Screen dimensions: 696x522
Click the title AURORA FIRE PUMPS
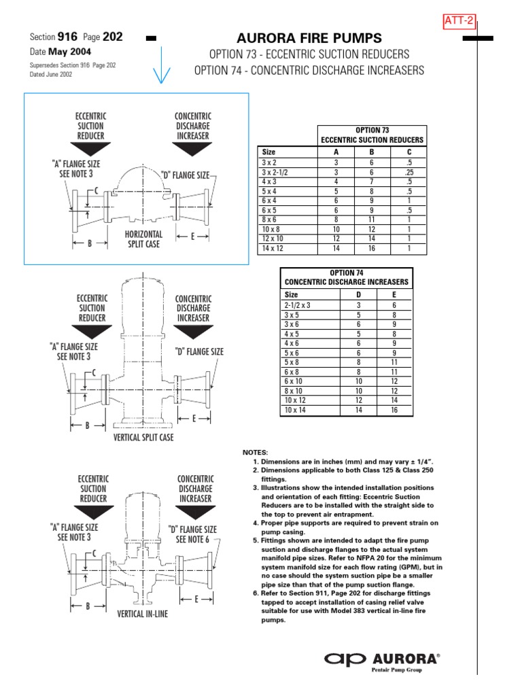pyautogui.click(x=309, y=38)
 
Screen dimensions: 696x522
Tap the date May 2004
pyautogui.click(x=71, y=52)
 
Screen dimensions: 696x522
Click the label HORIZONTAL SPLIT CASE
pyautogui.click(x=143, y=239)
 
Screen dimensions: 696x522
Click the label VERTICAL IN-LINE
pyautogui.click(x=143, y=614)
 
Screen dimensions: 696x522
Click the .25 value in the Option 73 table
pyautogui.click(x=408, y=173)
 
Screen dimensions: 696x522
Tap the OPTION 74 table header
pyautogui.click(x=347, y=277)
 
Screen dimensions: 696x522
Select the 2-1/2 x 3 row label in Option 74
pyautogui.click(x=297, y=306)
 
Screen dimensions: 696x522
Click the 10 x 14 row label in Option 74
pyautogui.click(x=296, y=411)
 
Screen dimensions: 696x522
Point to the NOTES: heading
pyautogui.click(x=256, y=452)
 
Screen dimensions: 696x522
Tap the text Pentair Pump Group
pyautogui.click(x=396, y=670)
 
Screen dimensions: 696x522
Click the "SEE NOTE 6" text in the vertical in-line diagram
pyautogui.click(x=196, y=540)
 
